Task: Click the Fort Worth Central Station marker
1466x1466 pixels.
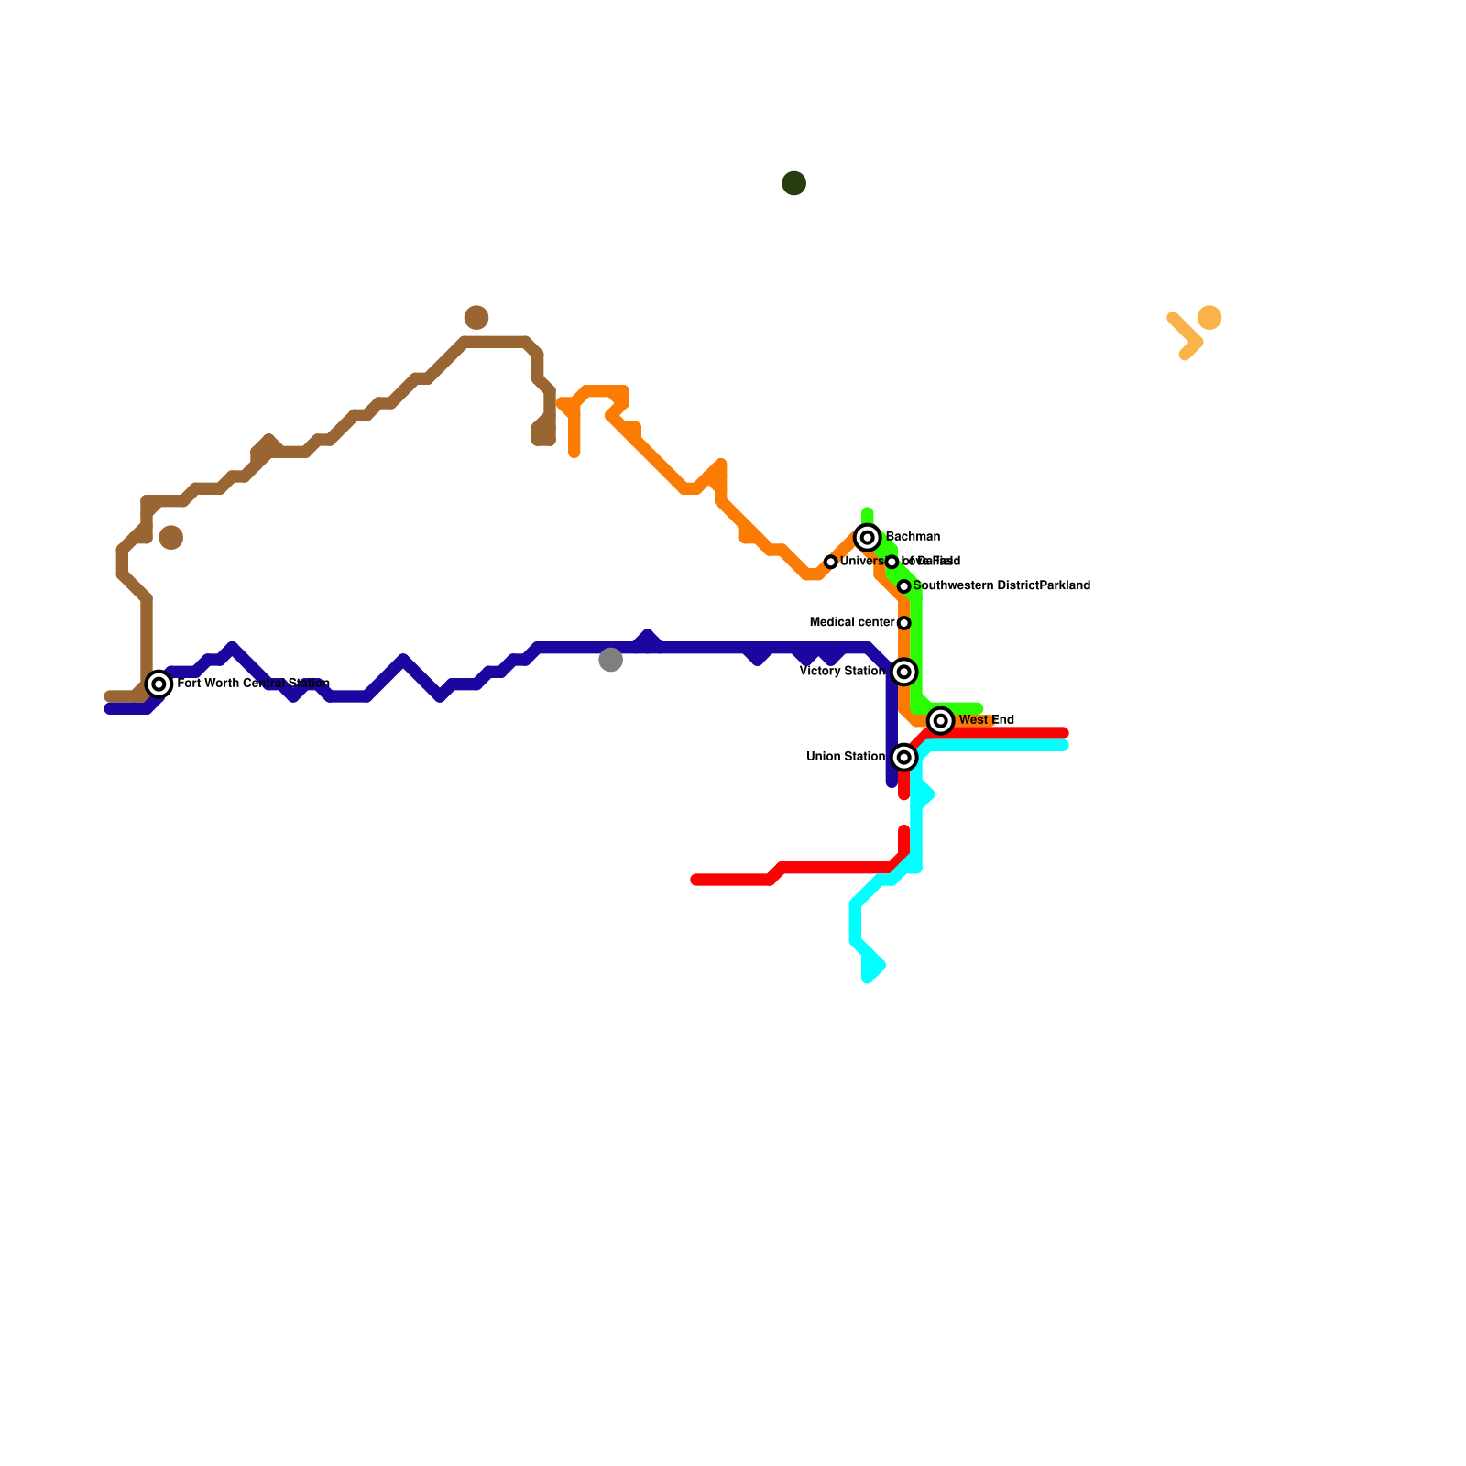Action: pos(159,684)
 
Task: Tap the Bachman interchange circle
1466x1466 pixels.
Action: pos(867,538)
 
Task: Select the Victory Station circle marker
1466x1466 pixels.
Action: pos(903,673)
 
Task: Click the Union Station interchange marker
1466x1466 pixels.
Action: pos(903,758)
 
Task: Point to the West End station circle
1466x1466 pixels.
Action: pos(940,721)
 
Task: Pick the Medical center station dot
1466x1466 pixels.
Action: pos(903,623)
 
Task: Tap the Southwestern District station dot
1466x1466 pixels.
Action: pos(903,586)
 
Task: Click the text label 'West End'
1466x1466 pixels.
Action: pos(986,720)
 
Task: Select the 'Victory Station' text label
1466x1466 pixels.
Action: pos(842,672)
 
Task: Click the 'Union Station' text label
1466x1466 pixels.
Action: pos(846,757)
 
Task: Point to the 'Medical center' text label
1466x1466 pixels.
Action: pos(852,623)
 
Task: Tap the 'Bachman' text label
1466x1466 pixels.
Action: pos(913,537)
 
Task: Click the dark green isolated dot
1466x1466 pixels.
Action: pos(793,183)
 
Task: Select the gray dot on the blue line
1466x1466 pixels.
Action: pos(610,660)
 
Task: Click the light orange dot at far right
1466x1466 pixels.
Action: pos(1209,318)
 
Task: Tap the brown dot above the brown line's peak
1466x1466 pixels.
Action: pos(476,318)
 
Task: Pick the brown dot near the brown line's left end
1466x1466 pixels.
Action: pos(170,538)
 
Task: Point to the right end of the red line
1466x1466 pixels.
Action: pos(1063,733)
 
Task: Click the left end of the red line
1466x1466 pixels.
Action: pos(695,881)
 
